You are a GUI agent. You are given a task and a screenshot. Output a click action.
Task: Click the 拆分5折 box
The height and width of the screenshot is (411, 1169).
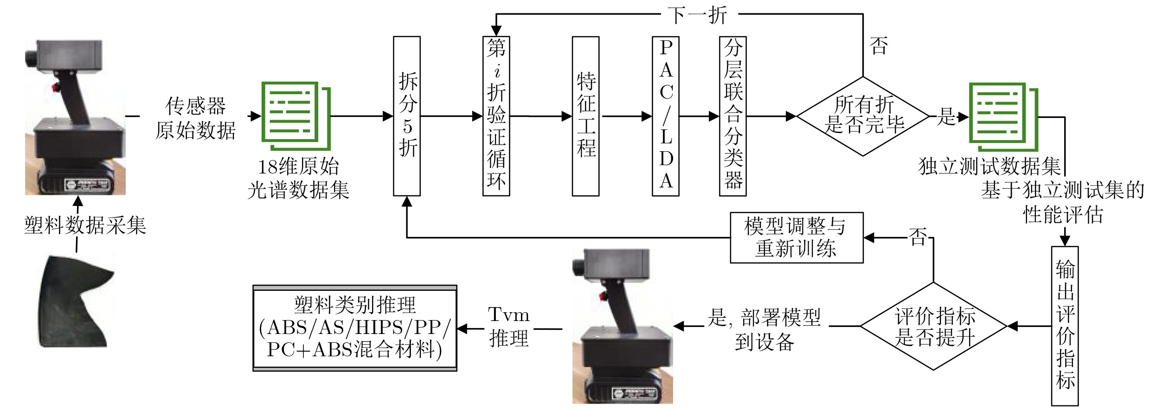407,116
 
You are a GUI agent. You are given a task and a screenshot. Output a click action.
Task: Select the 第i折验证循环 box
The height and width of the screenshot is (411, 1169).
496,116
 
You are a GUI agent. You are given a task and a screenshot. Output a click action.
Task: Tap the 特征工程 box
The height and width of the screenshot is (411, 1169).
585,116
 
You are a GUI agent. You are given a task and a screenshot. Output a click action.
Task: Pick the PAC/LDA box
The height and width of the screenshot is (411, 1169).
666,116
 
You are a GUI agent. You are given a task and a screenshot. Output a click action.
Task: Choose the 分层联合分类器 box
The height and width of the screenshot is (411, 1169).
733,116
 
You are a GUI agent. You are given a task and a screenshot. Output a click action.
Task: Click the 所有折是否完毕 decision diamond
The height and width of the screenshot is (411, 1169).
863,116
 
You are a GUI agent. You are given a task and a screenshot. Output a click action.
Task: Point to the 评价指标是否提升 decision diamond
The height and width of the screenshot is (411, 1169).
933,326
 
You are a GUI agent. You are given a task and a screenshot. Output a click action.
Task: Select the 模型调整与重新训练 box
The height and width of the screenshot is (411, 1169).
796,238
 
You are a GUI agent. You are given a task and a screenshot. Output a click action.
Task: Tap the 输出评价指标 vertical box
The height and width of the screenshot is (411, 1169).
1065,326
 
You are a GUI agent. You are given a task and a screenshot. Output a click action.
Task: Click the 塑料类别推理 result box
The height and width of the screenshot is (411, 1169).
355,328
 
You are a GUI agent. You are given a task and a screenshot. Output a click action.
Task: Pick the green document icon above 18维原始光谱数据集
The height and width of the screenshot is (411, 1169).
296,116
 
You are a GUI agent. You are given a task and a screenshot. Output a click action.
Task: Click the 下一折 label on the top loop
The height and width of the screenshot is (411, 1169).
697,15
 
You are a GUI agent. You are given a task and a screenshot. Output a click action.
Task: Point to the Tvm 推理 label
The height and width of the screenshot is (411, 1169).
508,327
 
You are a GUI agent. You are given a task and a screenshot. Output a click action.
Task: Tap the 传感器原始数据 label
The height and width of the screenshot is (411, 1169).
195,118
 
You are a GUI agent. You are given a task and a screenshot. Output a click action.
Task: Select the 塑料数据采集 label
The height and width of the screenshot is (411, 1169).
85,225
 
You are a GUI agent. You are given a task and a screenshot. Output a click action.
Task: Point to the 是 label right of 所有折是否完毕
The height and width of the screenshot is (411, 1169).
946,116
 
